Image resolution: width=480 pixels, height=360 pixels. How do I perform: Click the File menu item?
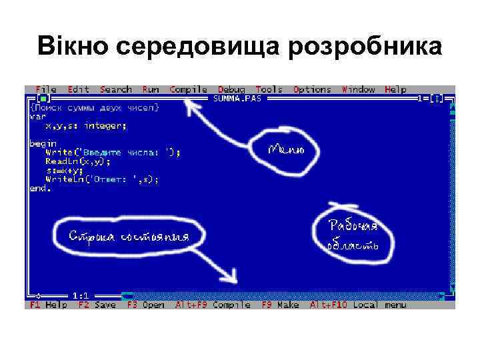(x=46, y=89)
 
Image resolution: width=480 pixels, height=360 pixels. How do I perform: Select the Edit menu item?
(x=79, y=89)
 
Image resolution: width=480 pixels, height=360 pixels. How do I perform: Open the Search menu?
(x=116, y=89)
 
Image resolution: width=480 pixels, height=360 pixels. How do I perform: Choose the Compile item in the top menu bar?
(x=188, y=89)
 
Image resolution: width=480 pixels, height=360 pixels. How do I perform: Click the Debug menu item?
(x=231, y=89)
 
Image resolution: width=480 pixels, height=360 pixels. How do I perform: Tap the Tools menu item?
(x=269, y=89)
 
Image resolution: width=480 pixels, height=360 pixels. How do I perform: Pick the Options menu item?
(x=312, y=89)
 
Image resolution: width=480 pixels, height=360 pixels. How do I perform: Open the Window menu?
(x=359, y=89)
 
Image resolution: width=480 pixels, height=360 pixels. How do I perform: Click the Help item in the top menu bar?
(x=395, y=89)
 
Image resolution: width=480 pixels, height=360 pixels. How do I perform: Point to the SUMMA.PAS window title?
(x=237, y=98)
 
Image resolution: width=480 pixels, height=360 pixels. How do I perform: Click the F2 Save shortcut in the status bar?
(x=97, y=305)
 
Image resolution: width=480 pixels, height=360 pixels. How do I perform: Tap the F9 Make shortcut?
(x=280, y=305)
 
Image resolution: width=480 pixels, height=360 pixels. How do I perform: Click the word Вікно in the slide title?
(x=73, y=47)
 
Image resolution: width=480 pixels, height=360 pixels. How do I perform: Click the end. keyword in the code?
(x=40, y=188)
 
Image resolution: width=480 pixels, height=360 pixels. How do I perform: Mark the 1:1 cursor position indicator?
(x=81, y=295)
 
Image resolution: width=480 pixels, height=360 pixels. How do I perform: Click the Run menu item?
(x=151, y=89)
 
